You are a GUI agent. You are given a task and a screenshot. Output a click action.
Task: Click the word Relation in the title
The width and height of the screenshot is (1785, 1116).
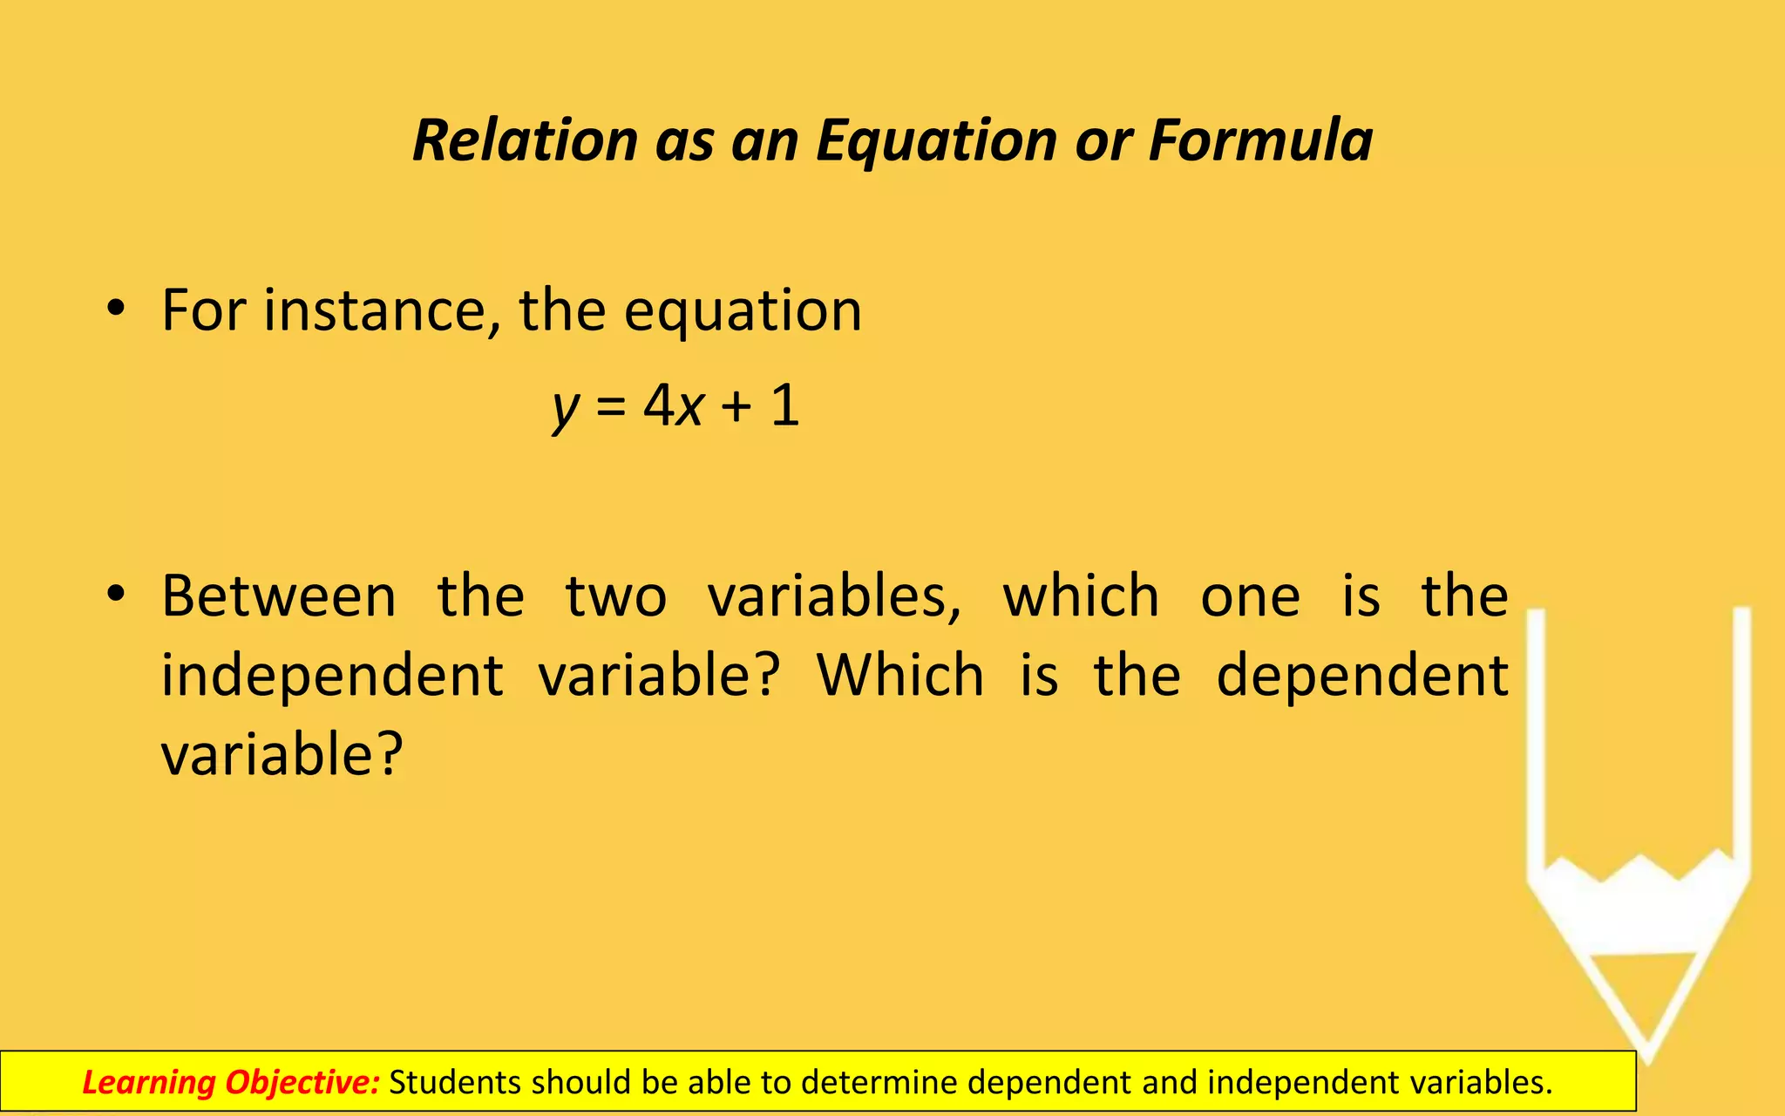coord(526,140)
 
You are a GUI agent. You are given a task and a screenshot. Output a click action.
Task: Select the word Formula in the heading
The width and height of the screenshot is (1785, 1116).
coord(1260,140)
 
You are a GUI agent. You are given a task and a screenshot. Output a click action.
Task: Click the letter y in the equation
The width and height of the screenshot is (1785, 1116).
coord(565,408)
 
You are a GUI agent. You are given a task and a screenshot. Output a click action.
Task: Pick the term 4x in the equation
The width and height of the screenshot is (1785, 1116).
coord(673,405)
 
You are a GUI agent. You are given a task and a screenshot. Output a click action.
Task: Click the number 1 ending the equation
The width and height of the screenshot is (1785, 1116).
coord(785,405)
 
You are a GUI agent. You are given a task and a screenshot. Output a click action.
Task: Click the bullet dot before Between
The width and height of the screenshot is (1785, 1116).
coord(116,595)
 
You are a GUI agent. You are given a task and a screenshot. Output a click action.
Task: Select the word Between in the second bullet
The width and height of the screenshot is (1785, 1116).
coord(279,596)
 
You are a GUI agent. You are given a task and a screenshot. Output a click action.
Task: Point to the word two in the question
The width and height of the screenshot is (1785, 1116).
coord(616,596)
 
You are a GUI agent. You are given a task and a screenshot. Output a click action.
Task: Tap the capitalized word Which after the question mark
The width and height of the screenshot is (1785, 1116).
coord(900,676)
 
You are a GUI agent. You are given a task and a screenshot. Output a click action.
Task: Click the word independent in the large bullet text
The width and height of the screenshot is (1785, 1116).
coord(332,676)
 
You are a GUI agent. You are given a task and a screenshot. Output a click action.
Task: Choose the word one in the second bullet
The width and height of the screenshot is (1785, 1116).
coord(1250,598)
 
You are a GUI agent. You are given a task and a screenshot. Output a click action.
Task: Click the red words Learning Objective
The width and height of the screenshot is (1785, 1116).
coord(231,1082)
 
